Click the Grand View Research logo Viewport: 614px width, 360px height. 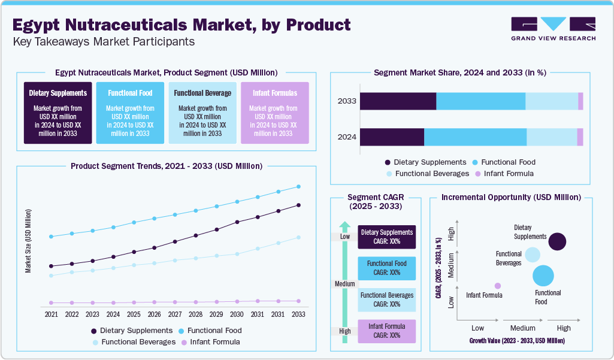[x=553, y=28]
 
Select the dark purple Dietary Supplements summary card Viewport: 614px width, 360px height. [x=58, y=113]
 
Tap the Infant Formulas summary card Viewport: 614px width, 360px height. [x=274, y=113]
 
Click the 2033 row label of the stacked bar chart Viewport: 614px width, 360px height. [x=347, y=101]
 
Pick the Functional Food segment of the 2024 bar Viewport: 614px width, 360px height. [x=475, y=137]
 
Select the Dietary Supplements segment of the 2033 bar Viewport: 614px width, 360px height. [x=398, y=101]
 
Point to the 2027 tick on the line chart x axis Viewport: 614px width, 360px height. [x=175, y=314]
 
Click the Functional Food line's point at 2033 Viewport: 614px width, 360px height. [x=298, y=186]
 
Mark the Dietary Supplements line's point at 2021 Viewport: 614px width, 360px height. [x=52, y=266]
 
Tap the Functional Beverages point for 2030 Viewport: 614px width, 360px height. [x=237, y=254]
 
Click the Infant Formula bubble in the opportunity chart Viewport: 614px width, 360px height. [x=497, y=286]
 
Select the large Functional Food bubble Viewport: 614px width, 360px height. [x=543, y=276]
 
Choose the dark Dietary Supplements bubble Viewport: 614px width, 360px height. [x=557, y=241]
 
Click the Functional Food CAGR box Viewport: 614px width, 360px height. [x=386, y=268]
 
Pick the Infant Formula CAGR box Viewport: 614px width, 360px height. [x=386, y=331]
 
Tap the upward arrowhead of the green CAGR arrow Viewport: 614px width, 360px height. [x=344, y=226]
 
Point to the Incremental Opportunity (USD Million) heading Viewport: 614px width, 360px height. [x=510, y=197]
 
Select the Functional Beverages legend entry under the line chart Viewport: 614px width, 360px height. [x=132, y=342]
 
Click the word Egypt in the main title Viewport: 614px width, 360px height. [x=40, y=25]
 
